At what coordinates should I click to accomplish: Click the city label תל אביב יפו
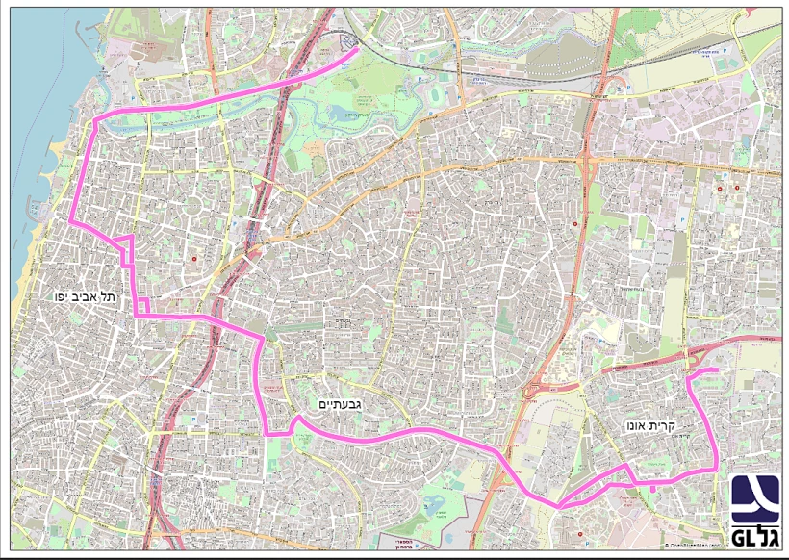[x=86, y=297]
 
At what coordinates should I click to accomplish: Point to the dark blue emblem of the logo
[x=753, y=499]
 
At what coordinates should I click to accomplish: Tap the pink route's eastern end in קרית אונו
[x=717, y=369]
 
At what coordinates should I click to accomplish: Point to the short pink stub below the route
[x=653, y=486]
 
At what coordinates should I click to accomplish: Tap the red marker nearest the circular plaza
[x=194, y=258]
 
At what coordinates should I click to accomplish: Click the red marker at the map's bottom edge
[x=580, y=523]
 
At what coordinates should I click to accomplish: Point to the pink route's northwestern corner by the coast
[x=94, y=122]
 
